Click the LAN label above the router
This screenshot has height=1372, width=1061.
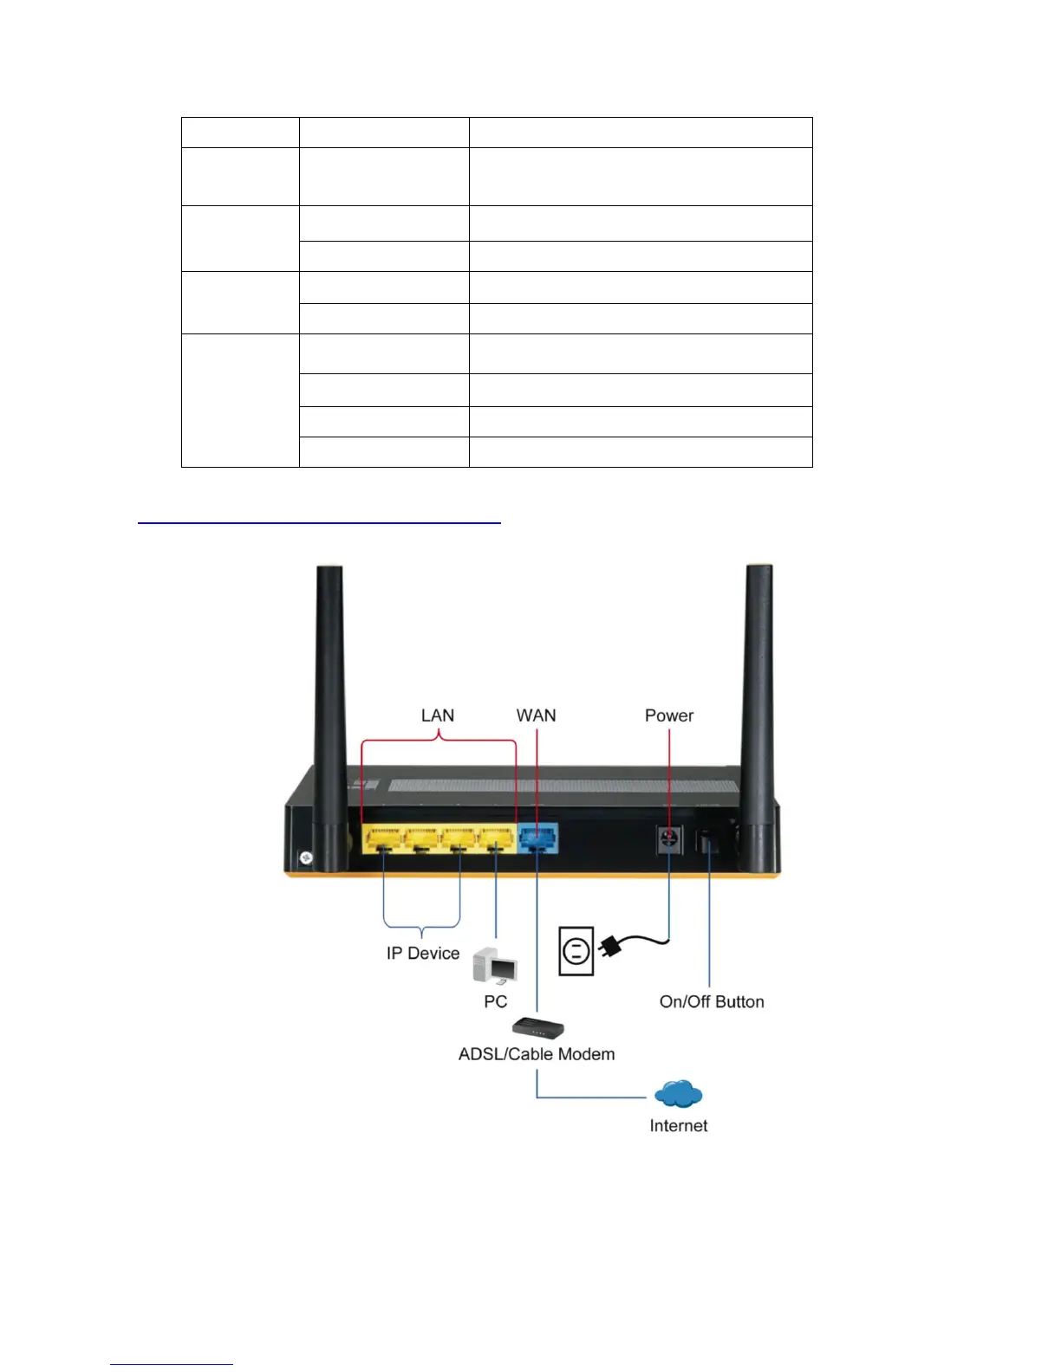(x=437, y=715)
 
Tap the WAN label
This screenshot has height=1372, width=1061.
(x=536, y=715)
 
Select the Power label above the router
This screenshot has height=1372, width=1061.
(x=668, y=715)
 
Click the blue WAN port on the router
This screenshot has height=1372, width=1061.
(x=538, y=838)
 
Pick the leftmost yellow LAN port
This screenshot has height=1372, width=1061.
(x=381, y=838)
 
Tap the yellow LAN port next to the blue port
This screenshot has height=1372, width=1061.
(x=497, y=838)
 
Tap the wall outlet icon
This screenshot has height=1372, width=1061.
(x=576, y=951)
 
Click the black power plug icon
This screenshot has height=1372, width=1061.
(x=611, y=948)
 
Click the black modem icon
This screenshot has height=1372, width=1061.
(x=537, y=1028)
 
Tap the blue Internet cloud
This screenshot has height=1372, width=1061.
(x=678, y=1094)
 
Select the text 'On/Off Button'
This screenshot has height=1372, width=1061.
(x=712, y=1002)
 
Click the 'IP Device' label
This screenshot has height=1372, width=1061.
(x=423, y=954)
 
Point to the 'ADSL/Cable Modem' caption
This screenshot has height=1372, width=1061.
(x=537, y=1054)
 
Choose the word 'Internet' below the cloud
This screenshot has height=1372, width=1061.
(x=678, y=1126)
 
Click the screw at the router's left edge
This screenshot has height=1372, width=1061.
(x=306, y=858)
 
